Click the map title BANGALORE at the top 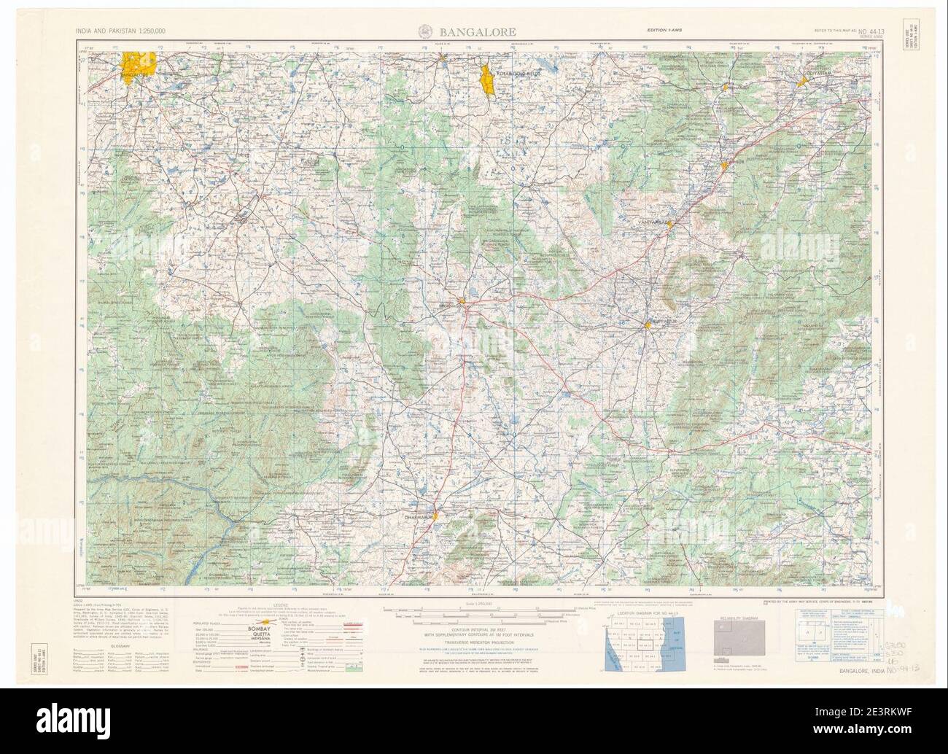tap(478, 31)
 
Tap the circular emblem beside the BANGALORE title tap(424, 31)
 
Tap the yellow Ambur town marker tap(724, 166)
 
